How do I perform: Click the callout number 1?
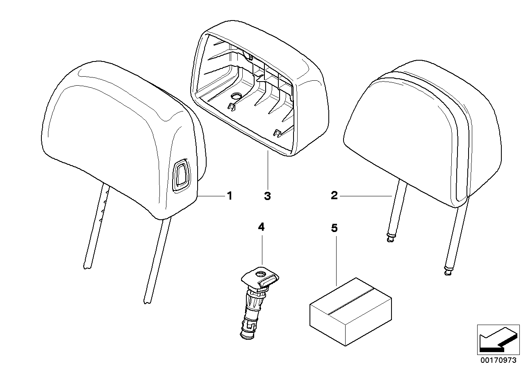tap(230, 196)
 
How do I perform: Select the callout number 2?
tap(335, 196)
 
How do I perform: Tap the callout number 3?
tap(267, 196)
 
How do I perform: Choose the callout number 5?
tap(335, 228)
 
